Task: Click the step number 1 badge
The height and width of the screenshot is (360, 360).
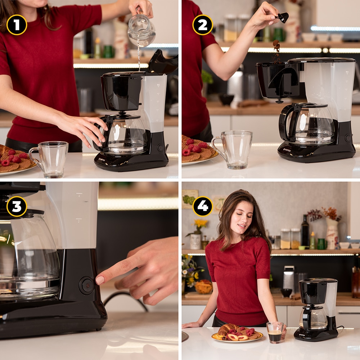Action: click(x=17, y=25)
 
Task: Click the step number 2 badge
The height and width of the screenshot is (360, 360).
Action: click(x=203, y=25)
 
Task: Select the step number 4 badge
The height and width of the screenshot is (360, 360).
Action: click(x=203, y=206)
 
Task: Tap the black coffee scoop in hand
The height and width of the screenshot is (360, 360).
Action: click(x=283, y=17)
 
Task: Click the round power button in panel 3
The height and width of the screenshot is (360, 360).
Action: click(x=87, y=285)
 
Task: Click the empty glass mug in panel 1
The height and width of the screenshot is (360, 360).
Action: click(x=50, y=159)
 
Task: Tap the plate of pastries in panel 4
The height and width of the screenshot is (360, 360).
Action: click(x=237, y=333)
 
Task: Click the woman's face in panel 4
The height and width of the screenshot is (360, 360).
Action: click(x=242, y=219)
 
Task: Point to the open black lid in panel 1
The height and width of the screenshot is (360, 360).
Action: click(x=163, y=62)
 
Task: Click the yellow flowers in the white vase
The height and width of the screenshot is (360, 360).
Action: click(x=201, y=224)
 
